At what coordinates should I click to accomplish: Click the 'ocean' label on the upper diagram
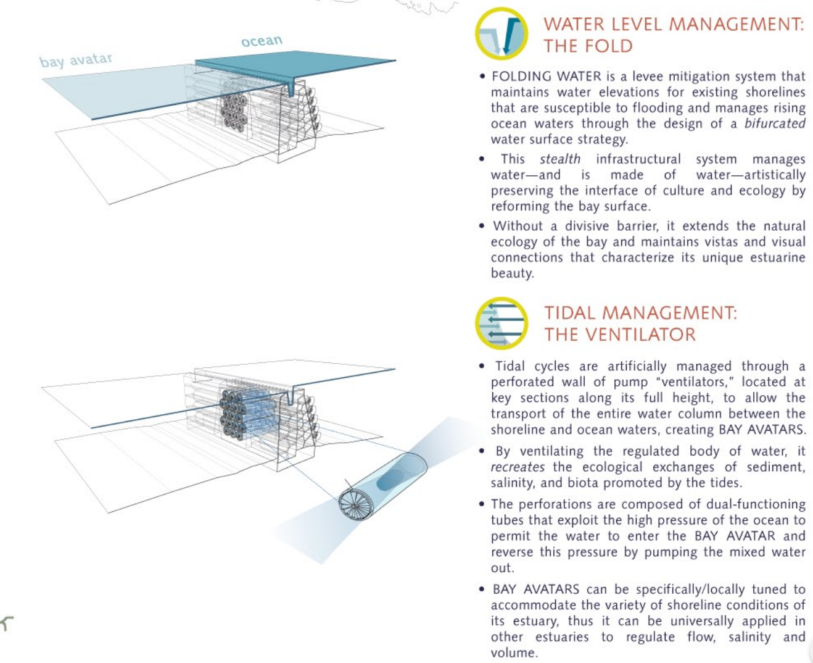pos(262,41)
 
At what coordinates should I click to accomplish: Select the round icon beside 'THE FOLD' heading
pos(501,33)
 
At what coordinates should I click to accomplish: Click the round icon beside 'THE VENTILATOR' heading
pos(501,323)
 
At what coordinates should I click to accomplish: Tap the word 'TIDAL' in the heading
pos(571,313)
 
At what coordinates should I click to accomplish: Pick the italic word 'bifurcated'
pos(774,123)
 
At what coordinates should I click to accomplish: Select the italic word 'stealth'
pos(559,159)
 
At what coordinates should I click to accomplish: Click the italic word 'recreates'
pos(518,467)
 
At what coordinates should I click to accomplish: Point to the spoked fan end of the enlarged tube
pos(356,504)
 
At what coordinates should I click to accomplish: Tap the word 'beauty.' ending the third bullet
pos(512,273)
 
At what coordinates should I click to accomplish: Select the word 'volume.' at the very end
pos(513,653)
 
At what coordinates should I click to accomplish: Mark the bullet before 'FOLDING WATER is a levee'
pos(482,77)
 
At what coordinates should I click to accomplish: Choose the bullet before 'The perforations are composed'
pos(482,504)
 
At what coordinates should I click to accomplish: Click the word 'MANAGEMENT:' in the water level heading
pos(737,25)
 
